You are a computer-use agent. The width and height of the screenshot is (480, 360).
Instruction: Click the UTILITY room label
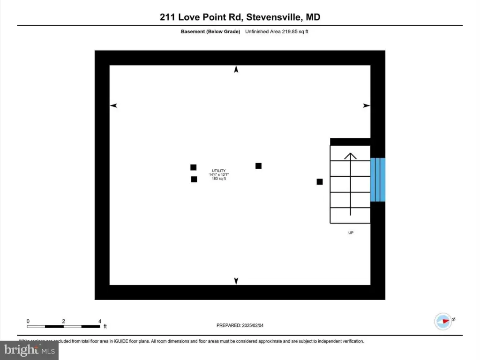[218, 171]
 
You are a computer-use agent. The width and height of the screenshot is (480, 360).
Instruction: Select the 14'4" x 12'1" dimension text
[218, 175]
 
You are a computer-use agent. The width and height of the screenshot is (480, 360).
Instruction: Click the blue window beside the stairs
[378, 180]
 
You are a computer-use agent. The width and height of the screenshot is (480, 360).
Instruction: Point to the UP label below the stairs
[351, 232]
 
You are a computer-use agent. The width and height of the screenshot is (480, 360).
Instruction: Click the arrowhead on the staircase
[350, 156]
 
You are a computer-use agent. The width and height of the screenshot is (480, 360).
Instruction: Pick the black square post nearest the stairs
[320, 182]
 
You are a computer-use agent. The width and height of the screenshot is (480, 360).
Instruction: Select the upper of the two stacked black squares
[193, 167]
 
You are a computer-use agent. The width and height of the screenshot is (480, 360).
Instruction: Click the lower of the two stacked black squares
[194, 179]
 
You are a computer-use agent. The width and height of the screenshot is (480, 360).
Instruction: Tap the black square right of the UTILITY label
[258, 166]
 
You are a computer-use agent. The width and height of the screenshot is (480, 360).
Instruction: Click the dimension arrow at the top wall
[236, 69]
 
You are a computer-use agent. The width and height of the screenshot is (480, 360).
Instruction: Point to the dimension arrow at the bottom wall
[236, 281]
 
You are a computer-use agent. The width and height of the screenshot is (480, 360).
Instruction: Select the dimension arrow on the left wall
[113, 106]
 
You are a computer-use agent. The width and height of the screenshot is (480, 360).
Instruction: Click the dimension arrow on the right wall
[367, 106]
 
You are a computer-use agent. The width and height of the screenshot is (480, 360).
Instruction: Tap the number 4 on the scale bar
[100, 321]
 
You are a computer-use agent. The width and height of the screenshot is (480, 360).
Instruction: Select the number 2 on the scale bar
[63, 321]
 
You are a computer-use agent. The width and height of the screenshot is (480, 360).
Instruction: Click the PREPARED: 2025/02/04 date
[243, 325]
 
